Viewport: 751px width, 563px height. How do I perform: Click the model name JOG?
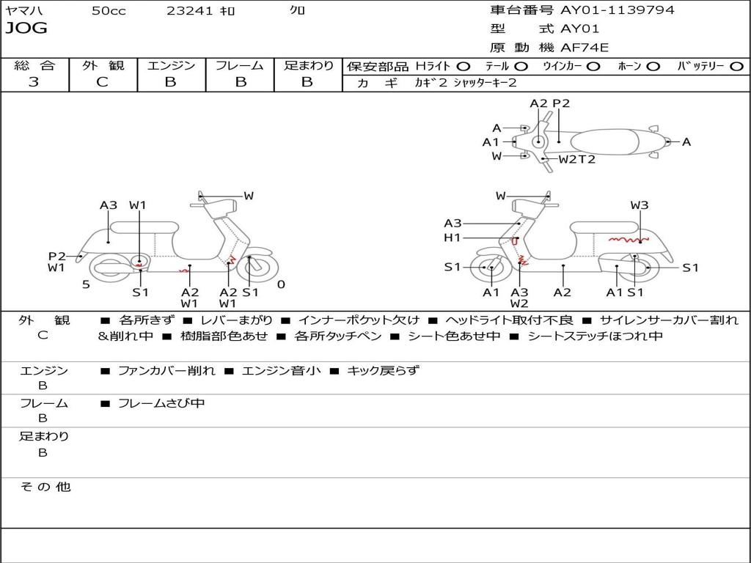26,28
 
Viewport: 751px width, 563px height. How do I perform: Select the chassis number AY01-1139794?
618,10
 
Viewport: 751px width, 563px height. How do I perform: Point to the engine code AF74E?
585,48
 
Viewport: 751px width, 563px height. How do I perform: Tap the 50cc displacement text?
109,11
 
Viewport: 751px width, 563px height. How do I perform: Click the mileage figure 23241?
189,11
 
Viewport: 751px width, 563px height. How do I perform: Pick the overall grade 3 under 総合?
34,82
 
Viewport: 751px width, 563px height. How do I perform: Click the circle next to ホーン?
653,67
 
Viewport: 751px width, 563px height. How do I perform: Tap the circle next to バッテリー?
736,67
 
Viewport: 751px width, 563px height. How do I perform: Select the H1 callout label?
452,238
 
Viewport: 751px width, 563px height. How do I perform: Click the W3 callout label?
639,205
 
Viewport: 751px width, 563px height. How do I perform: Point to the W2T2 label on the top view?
576,159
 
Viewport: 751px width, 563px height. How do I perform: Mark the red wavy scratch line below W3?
629,239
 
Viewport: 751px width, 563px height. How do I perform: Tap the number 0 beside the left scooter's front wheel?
281,284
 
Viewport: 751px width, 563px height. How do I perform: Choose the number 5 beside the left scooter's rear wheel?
86,284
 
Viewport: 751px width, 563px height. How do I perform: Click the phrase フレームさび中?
161,404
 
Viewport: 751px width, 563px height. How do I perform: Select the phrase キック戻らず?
383,370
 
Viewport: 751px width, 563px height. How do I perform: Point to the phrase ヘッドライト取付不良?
509,320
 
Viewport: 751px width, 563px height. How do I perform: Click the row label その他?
45,487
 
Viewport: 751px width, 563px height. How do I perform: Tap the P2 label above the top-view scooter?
561,103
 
